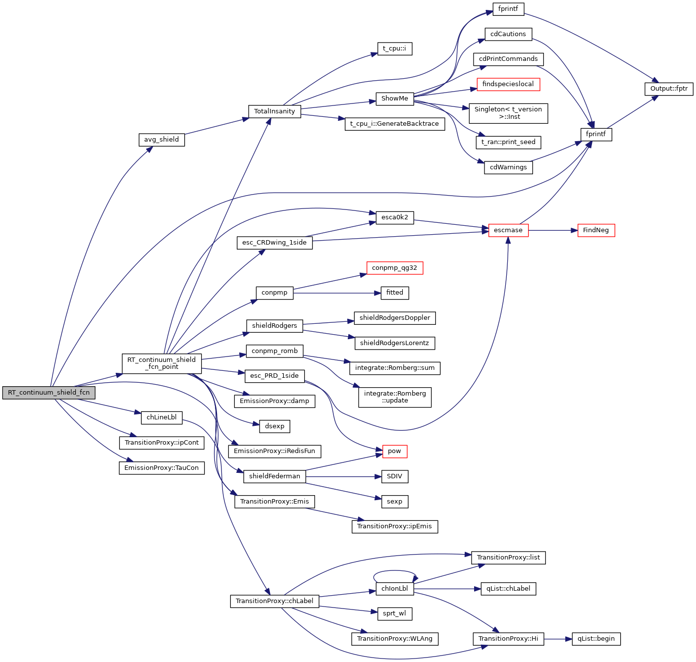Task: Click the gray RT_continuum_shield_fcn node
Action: [x=49, y=393]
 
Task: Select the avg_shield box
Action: [x=161, y=140]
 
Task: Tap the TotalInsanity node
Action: [x=274, y=111]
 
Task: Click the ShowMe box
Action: [x=394, y=99]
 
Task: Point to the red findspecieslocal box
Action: [x=508, y=84]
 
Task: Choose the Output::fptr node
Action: [x=669, y=89]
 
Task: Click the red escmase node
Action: [x=508, y=230]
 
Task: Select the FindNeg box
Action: [x=596, y=230]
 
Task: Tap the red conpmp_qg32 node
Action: [x=394, y=268]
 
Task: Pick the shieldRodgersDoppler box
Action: [x=395, y=318]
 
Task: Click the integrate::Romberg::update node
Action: [x=395, y=397]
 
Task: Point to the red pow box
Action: [x=394, y=451]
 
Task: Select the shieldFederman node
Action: [x=274, y=476]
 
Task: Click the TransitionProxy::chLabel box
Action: [x=274, y=601]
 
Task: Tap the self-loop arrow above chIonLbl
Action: [x=395, y=571]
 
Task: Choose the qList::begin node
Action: [x=596, y=639]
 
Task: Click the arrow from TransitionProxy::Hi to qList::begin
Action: [x=558, y=639]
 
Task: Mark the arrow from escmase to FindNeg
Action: [x=553, y=230]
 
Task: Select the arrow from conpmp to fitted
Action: [x=337, y=293]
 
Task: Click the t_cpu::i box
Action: [x=394, y=49]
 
